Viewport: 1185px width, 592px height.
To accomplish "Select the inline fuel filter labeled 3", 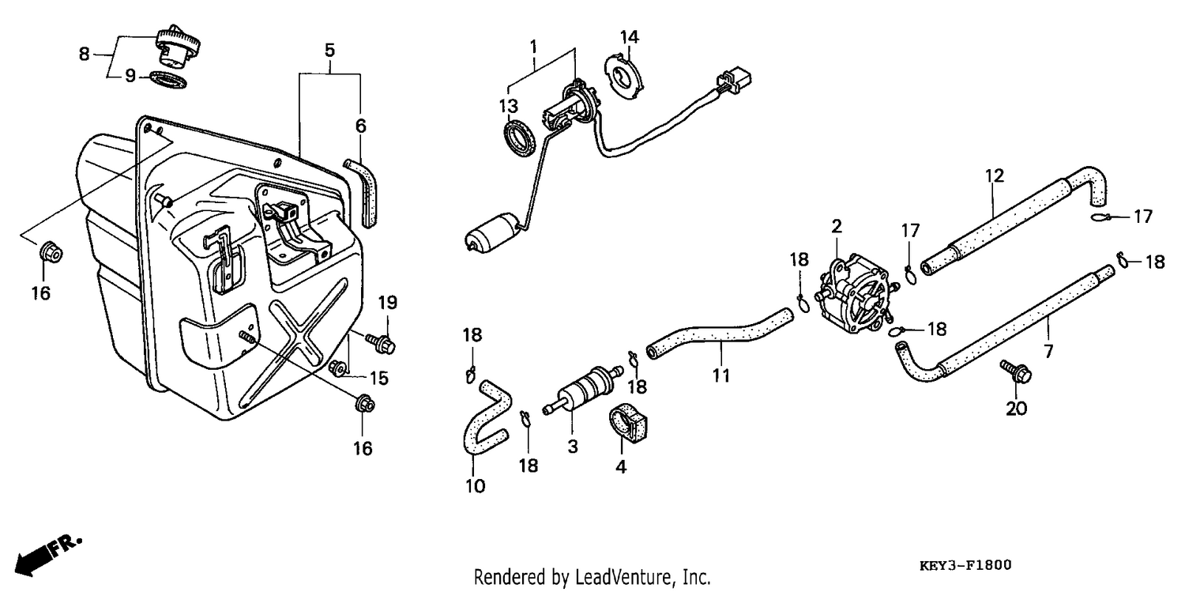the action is point(582,390).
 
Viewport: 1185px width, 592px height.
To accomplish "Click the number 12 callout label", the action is point(995,175).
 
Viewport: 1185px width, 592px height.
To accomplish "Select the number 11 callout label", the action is point(720,375).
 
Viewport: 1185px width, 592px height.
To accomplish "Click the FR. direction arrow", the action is point(47,556).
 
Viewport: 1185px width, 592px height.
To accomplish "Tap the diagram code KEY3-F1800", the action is point(965,566).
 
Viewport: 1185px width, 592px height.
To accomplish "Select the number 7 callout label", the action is point(1048,351).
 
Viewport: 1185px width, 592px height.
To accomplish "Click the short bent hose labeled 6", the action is point(363,193).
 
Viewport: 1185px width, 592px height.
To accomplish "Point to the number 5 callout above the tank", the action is point(329,51).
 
